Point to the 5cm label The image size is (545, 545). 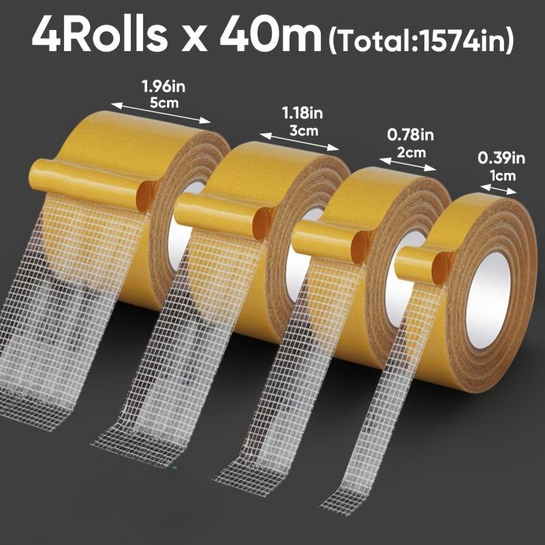[x=162, y=104]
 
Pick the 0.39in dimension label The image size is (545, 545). [x=501, y=158]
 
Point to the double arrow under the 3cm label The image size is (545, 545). [x=299, y=140]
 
